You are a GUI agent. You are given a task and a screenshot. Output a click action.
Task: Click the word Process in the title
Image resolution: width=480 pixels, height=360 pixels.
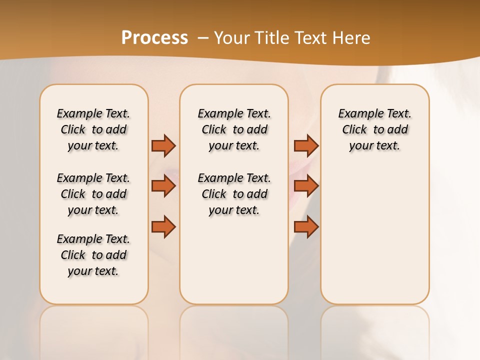[154, 37]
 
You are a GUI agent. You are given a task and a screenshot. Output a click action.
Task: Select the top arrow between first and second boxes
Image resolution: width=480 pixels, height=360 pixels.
[163, 145]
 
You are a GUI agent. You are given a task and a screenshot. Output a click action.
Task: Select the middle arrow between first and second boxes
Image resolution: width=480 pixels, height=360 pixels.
[163, 186]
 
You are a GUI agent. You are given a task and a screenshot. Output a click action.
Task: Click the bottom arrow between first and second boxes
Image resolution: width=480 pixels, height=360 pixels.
[163, 226]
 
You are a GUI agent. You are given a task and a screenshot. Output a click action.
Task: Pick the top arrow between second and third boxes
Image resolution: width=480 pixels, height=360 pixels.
[306, 145]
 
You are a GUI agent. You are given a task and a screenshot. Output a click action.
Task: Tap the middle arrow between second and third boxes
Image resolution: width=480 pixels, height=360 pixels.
[306, 186]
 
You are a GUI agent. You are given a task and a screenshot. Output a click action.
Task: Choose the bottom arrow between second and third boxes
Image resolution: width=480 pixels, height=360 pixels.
[306, 226]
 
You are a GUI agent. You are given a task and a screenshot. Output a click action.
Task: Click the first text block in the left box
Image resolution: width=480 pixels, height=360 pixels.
[93, 129]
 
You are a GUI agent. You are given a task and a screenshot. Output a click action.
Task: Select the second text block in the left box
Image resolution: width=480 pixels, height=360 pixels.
[93, 194]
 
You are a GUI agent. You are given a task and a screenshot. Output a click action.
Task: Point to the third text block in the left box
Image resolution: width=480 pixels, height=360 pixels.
[93, 255]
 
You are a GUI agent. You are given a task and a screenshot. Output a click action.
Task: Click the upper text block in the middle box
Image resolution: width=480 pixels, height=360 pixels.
[234, 129]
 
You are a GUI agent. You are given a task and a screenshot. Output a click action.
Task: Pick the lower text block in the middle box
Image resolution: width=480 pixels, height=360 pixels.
[234, 194]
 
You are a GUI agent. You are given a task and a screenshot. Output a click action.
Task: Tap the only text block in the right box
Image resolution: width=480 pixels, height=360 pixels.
[375, 129]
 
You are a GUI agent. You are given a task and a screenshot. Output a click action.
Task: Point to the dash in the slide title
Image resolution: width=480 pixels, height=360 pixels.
[202, 37]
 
